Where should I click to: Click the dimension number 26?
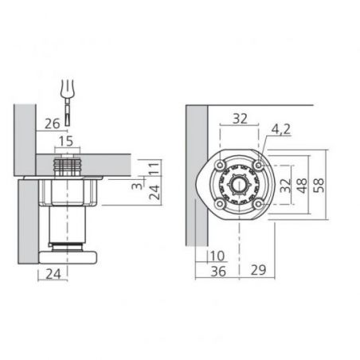pos(52,123)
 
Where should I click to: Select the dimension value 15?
pos(66,141)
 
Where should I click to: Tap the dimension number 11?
pos(155,168)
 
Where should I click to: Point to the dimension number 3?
pos(137,186)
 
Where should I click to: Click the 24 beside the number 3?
pos(155,192)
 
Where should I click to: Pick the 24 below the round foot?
pos(53,274)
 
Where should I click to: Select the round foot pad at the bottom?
pos(68,257)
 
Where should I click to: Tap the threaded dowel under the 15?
pos(68,166)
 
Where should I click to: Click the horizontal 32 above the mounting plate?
pos(240,119)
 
